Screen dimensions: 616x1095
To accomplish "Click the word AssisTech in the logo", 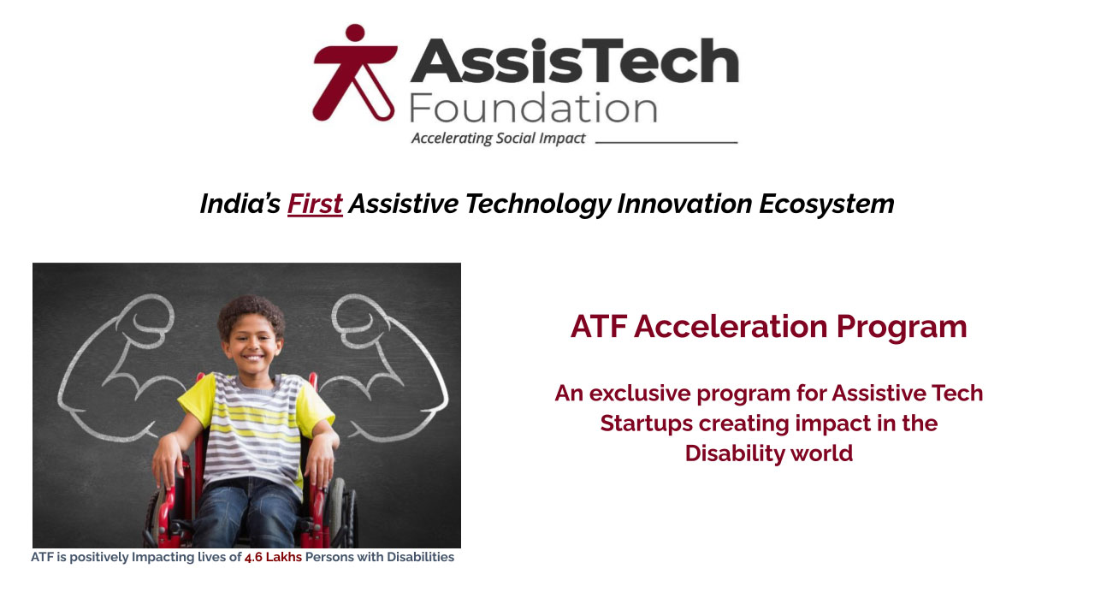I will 574,62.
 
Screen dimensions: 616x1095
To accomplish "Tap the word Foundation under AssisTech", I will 532,109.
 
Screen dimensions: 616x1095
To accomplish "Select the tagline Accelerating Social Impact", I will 498,139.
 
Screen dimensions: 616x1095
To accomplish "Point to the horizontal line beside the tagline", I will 666,142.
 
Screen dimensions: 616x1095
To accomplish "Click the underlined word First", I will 315,204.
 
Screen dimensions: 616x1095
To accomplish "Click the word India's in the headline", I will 240,204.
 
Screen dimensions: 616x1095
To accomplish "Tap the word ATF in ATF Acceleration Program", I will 598,327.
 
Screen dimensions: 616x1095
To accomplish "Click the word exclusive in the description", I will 639,394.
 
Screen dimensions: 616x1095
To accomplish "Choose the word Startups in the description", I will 646,423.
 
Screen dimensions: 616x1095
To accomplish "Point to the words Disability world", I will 768,453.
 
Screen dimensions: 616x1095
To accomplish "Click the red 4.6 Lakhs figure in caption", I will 273,558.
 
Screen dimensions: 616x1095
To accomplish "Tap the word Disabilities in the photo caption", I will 420,558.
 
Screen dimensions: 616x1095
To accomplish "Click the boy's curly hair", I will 251,311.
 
